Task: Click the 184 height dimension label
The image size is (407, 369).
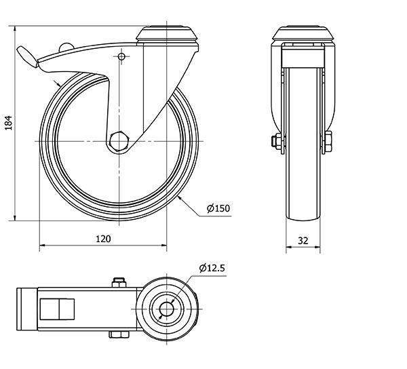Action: click(x=9, y=123)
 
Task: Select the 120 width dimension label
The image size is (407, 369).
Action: click(x=103, y=239)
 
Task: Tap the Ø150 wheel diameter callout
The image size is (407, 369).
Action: click(x=218, y=208)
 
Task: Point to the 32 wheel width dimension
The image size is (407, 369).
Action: click(x=303, y=241)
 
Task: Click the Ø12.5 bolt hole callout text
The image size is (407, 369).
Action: click(x=212, y=268)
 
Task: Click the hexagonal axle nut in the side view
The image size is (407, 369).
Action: click(x=119, y=141)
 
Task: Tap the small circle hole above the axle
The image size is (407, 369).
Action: click(x=121, y=56)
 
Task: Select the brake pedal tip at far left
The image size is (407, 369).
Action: click(x=27, y=56)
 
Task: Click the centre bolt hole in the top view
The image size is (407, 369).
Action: click(x=166, y=309)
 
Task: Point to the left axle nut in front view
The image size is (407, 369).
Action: click(x=277, y=141)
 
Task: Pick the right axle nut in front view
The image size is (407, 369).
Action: click(x=328, y=141)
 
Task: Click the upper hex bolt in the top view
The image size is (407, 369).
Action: click(x=119, y=283)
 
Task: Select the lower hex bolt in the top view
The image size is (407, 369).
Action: click(x=119, y=334)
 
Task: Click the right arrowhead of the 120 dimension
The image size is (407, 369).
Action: click(x=163, y=245)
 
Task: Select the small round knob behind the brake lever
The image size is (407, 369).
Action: click(x=66, y=47)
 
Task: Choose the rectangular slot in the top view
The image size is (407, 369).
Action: click(x=57, y=309)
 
